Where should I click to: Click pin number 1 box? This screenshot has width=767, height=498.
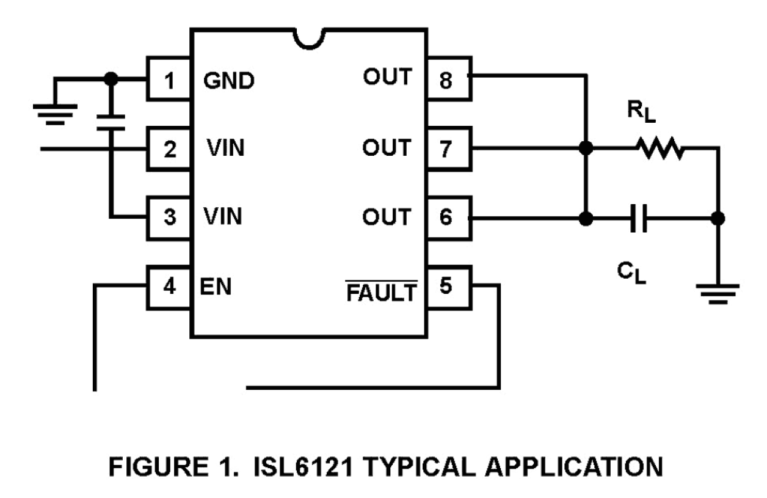pyautogui.click(x=169, y=79)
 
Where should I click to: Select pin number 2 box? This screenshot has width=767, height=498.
pyautogui.click(x=169, y=148)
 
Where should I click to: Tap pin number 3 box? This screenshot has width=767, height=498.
pyautogui.click(x=169, y=218)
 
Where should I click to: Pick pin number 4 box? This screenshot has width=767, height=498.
pyautogui.click(x=169, y=287)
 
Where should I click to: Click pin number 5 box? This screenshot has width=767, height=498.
pyautogui.click(x=448, y=287)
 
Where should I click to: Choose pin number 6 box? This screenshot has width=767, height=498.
pyautogui.click(x=448, y=218)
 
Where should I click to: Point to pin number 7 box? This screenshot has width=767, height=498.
pyautogui.click(x=448, y=148)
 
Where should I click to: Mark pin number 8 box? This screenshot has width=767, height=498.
pyautogui.click(x=448, y=79)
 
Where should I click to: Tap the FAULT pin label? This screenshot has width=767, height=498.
pyautogui.click(x=382, y=291)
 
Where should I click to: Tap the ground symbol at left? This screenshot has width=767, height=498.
pyautogui.click(x=55, y=113)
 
